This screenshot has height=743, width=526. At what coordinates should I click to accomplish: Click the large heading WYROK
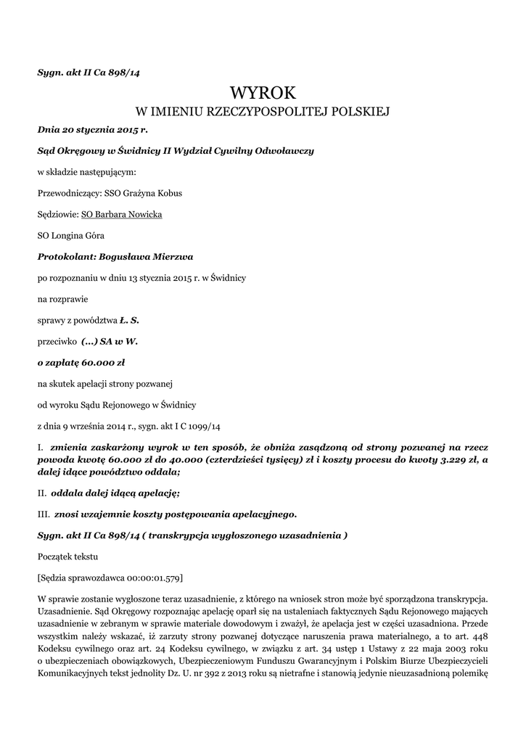coord(263,93)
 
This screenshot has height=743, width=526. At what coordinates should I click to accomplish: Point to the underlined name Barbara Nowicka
coord(122,215)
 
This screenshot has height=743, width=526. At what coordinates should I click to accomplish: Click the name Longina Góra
coord(71,236)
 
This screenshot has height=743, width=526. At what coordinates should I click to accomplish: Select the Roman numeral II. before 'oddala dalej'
coord(42,493)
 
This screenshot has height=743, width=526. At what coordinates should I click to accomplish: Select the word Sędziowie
coord(57,215)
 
